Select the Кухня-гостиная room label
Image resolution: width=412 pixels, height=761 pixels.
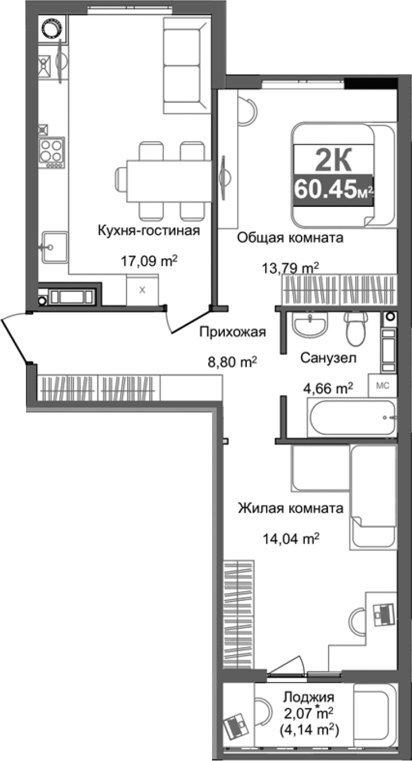click(x=148, y=230)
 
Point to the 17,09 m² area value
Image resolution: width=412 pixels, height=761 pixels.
click(x=149, y=261)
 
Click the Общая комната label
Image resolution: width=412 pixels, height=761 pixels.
click(x=290, y=238)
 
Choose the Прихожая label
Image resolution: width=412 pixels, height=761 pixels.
click(x=233, y=332)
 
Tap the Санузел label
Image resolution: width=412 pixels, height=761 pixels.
click(x=328, y=358)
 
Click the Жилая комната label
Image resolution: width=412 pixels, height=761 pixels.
click(x=290, y=508)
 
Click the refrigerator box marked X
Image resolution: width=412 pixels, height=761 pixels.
click(x=142, y=290)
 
